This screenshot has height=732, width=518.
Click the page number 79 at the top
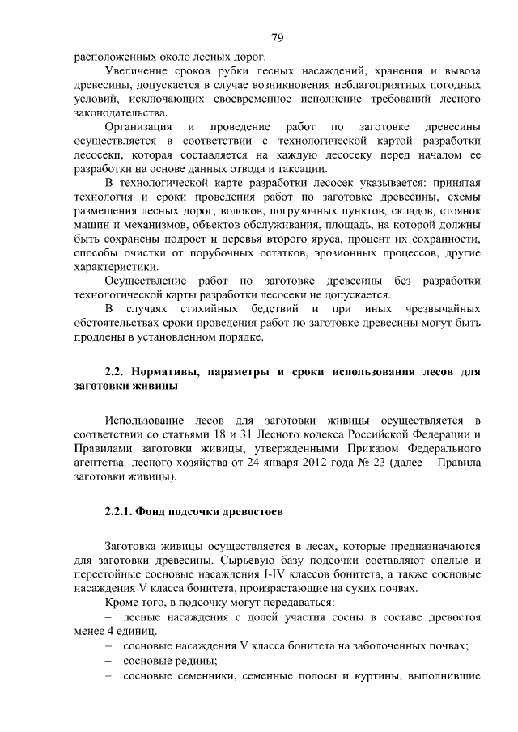coord(276,38)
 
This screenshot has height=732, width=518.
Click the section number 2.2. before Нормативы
coord(117,372)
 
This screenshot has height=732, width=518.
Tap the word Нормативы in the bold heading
coord(171,372)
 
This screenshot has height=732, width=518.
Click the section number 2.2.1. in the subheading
coord(121,511)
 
